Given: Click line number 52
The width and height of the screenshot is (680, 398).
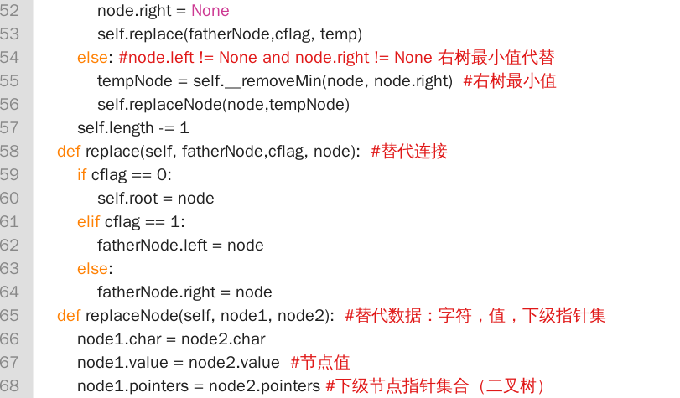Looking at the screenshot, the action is (x=9, y=10).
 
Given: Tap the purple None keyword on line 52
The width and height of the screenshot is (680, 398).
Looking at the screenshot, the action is (x=210, y=10).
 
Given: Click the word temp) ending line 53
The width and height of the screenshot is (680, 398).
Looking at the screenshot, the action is (x=341, y=34).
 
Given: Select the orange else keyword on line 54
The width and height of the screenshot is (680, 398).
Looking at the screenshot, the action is (x=92, y=57).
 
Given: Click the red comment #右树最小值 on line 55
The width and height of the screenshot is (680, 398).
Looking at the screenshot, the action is (x=510, y=80).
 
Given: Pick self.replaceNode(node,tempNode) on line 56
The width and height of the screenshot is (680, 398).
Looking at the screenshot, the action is (x=223, y=105).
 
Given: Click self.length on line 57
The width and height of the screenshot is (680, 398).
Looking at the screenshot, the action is (x=116, y=128).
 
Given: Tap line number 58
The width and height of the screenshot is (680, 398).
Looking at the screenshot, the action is (x=9, y=151).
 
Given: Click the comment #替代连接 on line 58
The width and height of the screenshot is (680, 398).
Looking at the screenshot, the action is (x=409, y=151).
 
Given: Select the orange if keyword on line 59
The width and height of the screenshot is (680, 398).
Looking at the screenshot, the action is (x=81, y=175).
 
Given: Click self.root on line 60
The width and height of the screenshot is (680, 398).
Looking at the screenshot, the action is (x=127, y=198).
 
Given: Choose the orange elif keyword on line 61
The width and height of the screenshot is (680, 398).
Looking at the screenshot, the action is (x=89, y=221).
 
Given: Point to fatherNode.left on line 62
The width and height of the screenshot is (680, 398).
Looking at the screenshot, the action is (x=153, y=245).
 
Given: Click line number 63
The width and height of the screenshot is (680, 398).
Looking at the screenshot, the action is (x=9, y=268).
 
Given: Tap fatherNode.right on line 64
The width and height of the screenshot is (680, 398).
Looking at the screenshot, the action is (x=157, y=292).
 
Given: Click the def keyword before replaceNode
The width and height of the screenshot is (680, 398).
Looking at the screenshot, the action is (x=69, y=315).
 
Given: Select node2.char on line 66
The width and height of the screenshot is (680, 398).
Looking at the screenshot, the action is (x=223, y=339).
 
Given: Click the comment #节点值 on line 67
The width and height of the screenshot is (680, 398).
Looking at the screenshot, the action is (x=320, y=363).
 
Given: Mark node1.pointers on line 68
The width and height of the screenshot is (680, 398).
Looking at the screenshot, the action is (x=132, y=386).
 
